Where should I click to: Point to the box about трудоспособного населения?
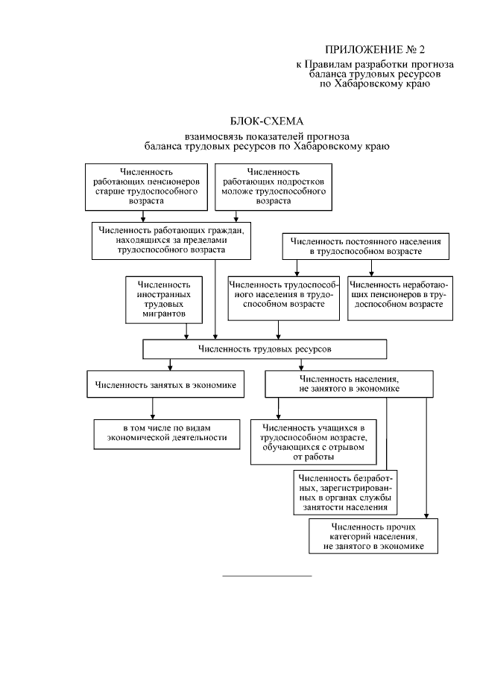pos(282,299)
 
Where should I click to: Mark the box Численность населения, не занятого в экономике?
pos(348,384)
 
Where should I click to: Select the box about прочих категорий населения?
pos(373,537)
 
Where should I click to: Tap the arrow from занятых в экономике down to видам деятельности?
pos(153,409)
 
